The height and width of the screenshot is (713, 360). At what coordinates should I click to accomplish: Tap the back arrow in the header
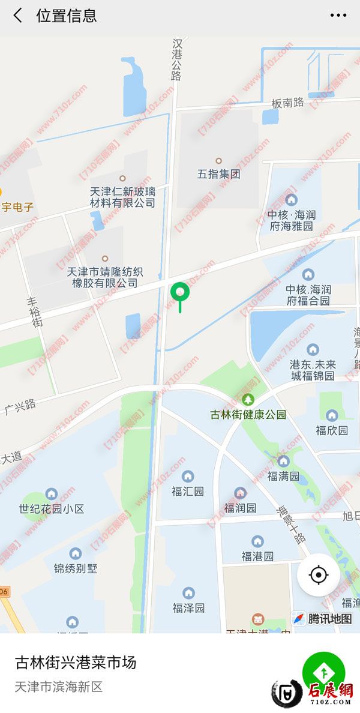click(18, 16)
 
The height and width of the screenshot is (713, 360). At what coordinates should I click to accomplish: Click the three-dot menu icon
click(338, 16)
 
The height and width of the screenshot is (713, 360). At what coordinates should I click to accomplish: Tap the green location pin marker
click(180, 293)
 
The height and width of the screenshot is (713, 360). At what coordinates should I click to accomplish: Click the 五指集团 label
click(218, 175)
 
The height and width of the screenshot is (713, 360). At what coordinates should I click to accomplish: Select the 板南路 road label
click(287, 103)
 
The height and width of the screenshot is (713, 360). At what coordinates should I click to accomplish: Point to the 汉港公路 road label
click(176, 59)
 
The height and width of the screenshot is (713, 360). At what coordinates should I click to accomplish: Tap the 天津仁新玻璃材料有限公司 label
click(122, 197)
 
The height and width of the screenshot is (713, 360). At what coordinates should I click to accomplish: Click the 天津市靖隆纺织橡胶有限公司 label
click(105, 277)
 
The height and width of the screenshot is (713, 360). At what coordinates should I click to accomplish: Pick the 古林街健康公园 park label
click(248, 415)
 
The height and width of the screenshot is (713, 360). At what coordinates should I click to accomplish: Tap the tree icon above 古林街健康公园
click(248, 400)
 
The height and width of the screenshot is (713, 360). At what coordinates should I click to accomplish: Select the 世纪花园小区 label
click(52, 509)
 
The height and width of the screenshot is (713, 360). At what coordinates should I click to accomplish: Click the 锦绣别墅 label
click(76, 568)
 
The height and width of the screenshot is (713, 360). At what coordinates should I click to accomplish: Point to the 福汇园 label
click(188, 491)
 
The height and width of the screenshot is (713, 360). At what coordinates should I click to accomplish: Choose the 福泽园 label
click(188, 608)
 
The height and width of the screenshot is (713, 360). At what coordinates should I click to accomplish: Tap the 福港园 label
click(257, 556)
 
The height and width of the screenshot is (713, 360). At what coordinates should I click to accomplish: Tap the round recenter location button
click(319, 575)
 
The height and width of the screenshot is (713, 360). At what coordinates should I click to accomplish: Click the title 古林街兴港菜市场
click(76, 663)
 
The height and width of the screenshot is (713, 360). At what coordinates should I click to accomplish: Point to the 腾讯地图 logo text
click(329, 619)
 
